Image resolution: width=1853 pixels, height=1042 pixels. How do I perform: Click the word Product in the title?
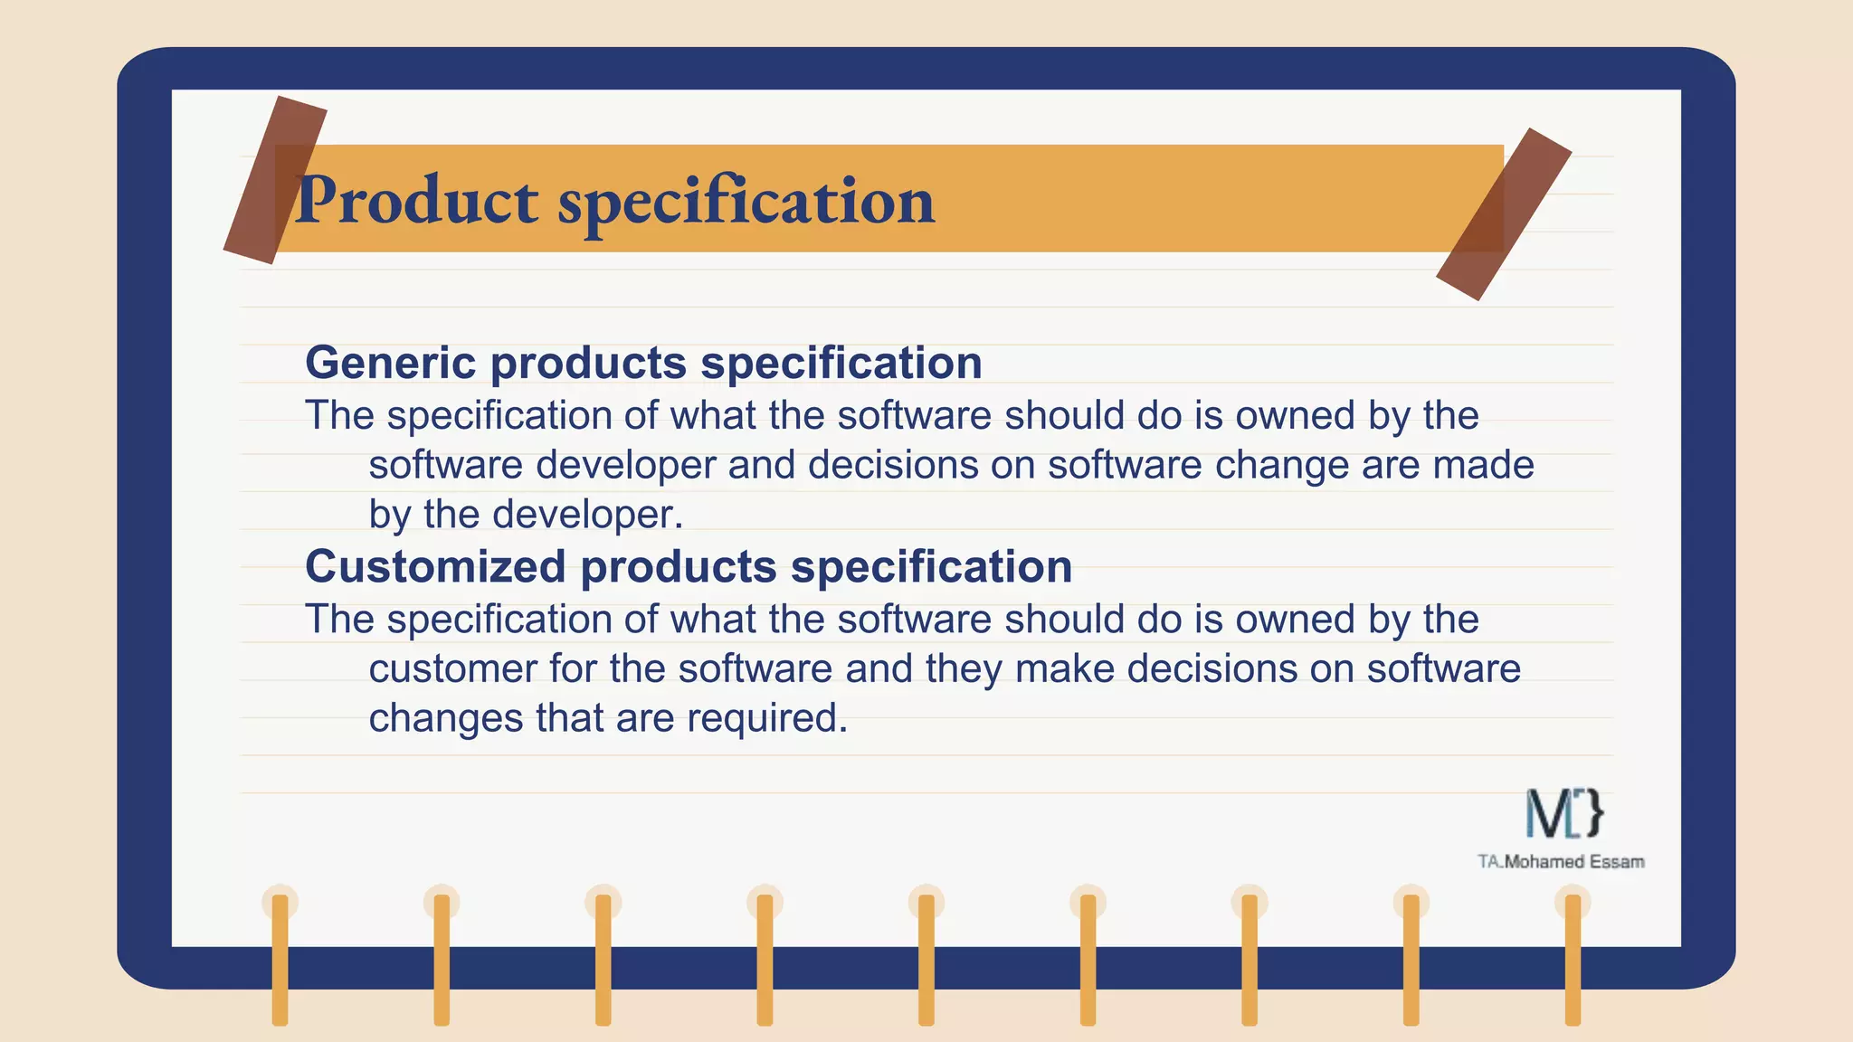click(417, 201)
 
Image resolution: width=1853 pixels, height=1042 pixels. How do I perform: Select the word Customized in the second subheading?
click(435, 567)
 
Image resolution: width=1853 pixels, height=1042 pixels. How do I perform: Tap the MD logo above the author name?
click(1564, 813)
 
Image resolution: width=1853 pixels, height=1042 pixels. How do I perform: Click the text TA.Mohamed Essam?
click(1561, 862)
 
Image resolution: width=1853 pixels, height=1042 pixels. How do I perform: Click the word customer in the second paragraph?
click(451, 669)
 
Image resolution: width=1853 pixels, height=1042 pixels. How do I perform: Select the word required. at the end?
click(766, 719)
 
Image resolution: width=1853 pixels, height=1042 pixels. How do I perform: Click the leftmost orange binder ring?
click(280, 959)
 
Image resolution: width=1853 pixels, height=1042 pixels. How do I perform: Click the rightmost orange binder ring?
click(1573, 959)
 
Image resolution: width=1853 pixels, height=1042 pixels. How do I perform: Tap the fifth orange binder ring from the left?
click(926, 959)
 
